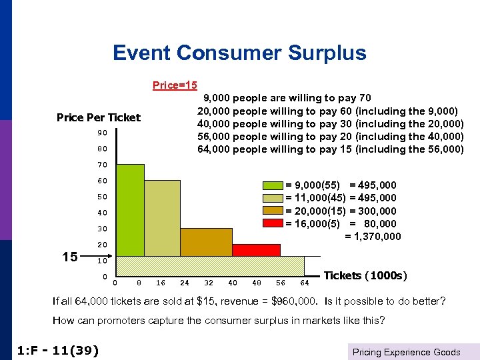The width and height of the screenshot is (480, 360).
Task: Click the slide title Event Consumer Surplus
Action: (x=239, y=53)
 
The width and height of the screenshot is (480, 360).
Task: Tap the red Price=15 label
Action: (x=175, y=85)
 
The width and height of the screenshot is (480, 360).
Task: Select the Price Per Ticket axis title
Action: (x=99, y=118)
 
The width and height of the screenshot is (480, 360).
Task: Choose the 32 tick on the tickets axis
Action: (x=208, y=282)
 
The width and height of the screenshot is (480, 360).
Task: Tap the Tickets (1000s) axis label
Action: (x=365, y=275)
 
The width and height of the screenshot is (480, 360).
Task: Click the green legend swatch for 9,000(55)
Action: (x=273, y=185)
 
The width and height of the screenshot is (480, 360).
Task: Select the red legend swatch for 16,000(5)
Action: (x=273, y=223)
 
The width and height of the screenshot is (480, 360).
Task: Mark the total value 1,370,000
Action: (x=373, y=236)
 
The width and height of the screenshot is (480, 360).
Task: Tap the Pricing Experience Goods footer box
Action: (x=406, y=351)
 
